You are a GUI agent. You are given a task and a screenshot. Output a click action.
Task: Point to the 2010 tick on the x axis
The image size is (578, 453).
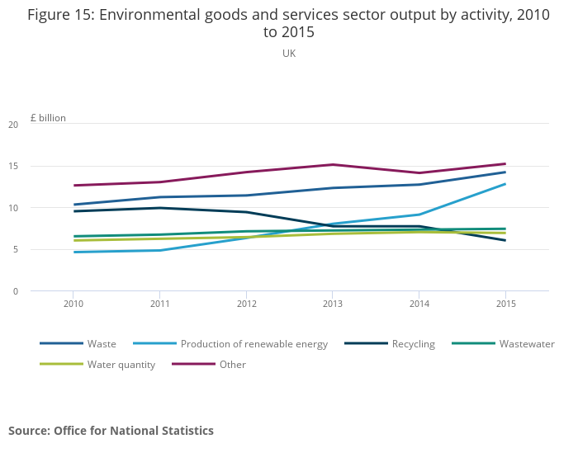click(x=73, y=304)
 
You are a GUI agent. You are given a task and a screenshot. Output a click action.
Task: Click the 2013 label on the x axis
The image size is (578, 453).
click(x=332, y=304)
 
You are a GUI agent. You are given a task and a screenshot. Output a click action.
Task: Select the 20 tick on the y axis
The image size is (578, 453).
click(x=13, y=125)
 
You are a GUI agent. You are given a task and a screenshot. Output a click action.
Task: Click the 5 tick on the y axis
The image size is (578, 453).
click(x=15, y=249)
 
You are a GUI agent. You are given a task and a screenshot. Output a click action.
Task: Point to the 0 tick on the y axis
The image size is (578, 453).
click(x=15, y=291)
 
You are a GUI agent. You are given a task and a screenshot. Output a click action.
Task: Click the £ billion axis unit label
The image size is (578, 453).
click(x=48, y=118)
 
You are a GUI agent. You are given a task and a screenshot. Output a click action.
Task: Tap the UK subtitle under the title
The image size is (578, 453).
click(x=289, y=54)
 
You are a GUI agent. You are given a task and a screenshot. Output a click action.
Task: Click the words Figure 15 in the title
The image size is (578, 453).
click(x=59, y=15)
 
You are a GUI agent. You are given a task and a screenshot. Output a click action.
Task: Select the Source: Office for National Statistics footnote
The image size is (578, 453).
click(x=111, y=431)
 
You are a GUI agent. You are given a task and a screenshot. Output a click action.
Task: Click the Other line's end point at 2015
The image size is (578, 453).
click(x=505, y=163)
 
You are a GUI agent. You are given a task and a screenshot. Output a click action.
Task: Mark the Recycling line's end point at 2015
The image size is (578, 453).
click(x=505, y=240)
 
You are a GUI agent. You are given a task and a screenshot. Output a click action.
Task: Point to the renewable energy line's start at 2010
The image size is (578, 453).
click(x=73, y=252)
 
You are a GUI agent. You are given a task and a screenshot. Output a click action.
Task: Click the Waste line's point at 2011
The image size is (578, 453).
click(x=159, y=197)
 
